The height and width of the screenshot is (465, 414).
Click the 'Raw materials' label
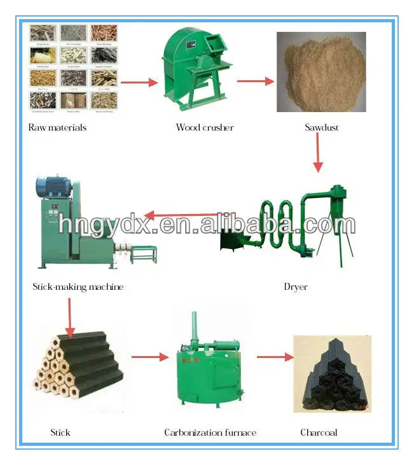point(57,127)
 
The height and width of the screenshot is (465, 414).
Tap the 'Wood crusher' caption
point(205,127)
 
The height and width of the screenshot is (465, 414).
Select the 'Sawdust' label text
point(321,127)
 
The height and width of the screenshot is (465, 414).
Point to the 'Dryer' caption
point(296,287)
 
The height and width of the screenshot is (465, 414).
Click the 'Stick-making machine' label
point(78,287)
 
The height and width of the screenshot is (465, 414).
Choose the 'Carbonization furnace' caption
point(210,433)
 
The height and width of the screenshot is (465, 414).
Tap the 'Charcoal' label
point(319,433)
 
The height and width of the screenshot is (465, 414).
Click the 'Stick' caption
point(60,433)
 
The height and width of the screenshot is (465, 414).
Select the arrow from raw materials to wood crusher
point(139,82)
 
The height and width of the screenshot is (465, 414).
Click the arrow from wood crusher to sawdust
point(255,82)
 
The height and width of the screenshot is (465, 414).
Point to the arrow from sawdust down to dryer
point(318,156)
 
